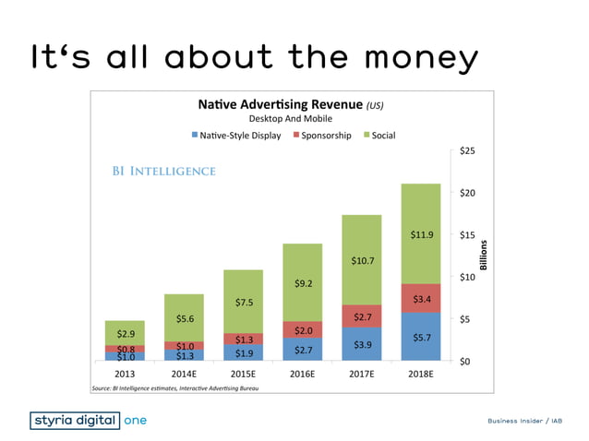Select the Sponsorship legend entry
[321, 135]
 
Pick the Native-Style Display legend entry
[235, 135]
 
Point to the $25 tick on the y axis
[467, 150]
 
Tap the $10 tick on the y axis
[467, 277]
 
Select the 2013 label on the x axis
[125, 375]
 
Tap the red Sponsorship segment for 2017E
[362, 316]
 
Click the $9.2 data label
[303, 283]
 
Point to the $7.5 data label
[243, 302]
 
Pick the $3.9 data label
[362, 344]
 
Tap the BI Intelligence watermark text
[165, 171]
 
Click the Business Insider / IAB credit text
[525, 422]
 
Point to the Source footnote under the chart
[174, 389]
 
